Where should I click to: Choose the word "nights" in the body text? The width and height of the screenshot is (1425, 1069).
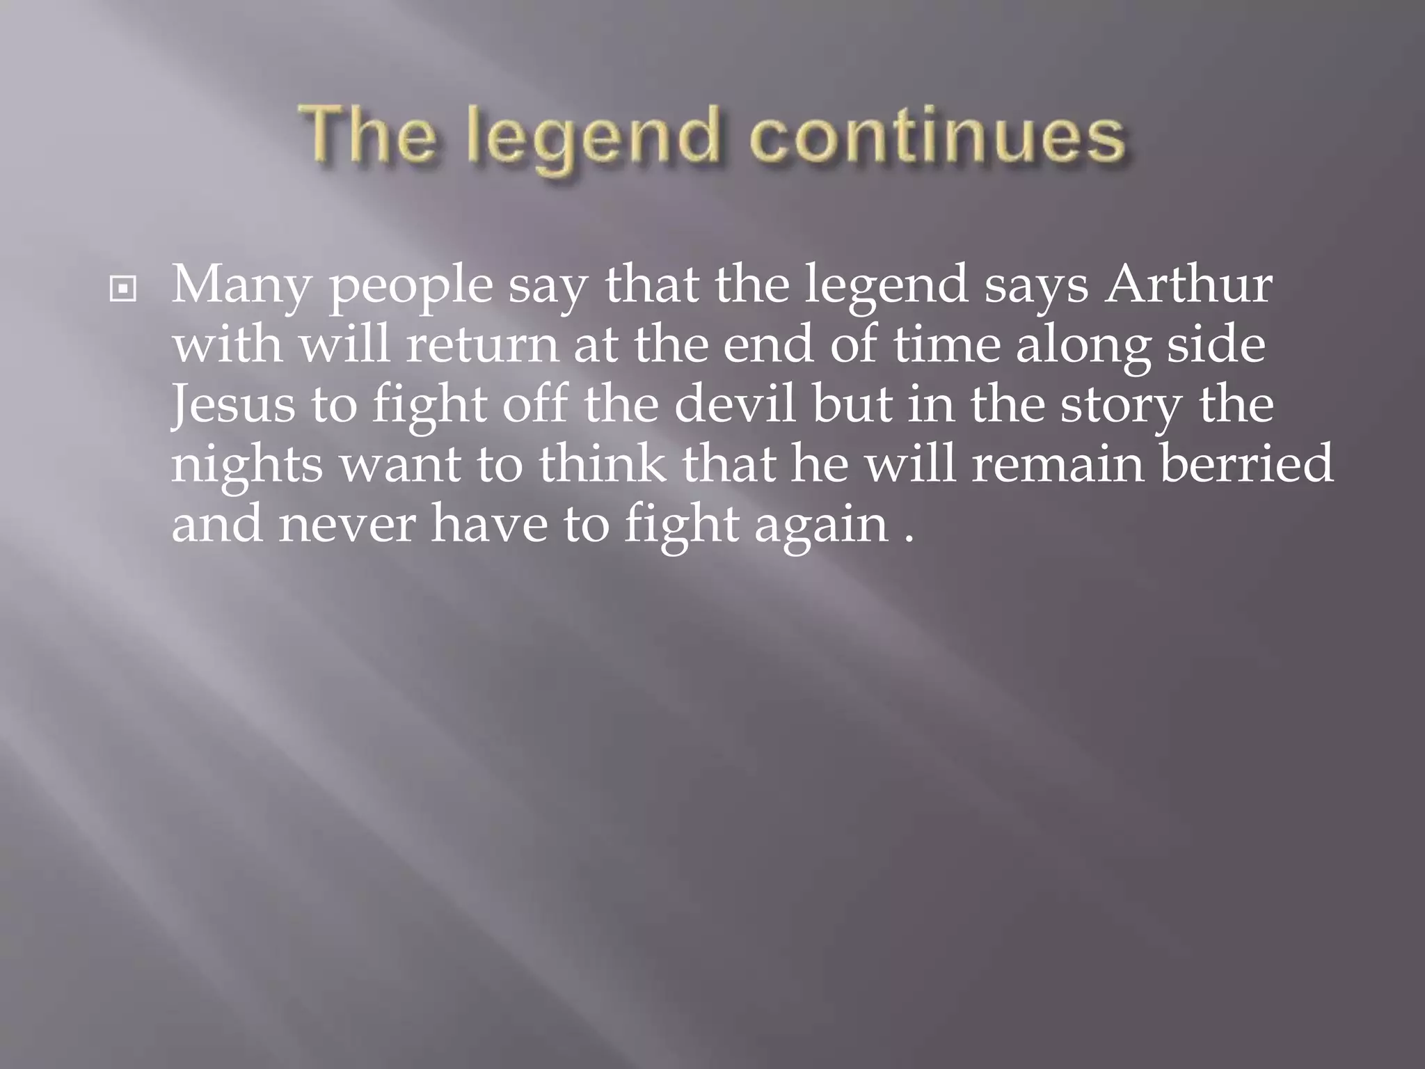click(x=247, y=466)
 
